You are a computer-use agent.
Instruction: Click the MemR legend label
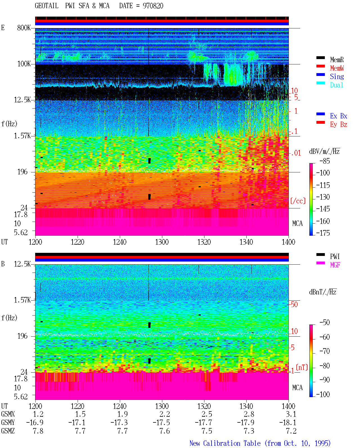(x=337, y=60)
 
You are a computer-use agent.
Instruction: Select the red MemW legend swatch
(x=320, y=66)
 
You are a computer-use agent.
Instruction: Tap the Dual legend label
(x=336, y=85)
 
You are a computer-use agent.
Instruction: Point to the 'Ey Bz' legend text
(x=339, y=124)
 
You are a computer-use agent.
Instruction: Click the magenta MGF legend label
(x=335, y=265)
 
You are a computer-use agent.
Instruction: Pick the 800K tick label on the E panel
(x=24, y=28)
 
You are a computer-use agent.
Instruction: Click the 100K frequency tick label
(x=24, y=64)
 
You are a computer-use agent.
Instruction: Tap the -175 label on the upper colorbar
(x=323, y=233)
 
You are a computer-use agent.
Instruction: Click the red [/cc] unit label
(x=298, y=201)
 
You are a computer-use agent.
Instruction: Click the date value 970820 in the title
(x=153, y=6)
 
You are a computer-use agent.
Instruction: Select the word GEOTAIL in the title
(x=47, y=6)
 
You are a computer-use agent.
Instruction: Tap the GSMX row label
(x=8, y=414)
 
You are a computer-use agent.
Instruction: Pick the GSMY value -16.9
(x=35, y=422)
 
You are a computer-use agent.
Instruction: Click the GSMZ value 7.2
(x=291, y=431)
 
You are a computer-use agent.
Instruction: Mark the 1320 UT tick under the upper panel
(x=204, y=242)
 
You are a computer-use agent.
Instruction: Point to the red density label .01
(x=296, y=153)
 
